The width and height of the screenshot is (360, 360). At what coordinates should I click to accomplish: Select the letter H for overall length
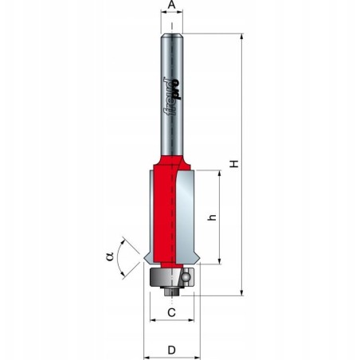(233, 163)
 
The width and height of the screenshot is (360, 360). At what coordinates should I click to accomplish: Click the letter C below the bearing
(171, 313)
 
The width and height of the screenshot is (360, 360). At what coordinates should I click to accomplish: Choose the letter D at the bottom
(171, 348)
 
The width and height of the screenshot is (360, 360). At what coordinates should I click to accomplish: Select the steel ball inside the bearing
(185, 277)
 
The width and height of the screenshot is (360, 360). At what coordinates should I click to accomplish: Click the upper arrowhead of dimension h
(217, 174)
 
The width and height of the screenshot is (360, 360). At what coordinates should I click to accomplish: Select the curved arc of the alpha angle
(122, 256)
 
